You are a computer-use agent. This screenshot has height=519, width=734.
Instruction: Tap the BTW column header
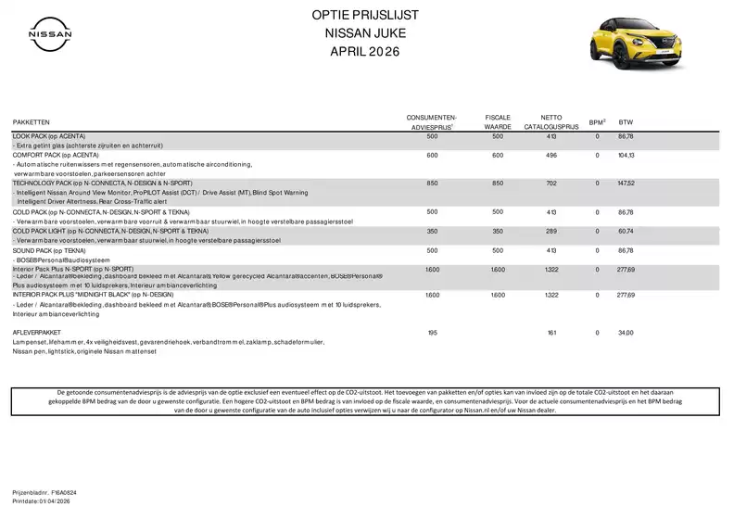[x=626, y=122]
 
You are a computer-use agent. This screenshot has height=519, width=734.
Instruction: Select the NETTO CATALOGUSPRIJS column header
[x=551, y=121]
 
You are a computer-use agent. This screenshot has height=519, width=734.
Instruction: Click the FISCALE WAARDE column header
[x=498, y=121]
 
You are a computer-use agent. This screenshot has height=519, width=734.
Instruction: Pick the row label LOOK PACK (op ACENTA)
[x=47, y=136]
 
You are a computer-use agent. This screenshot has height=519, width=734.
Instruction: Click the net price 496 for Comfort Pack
[x=551, y=156]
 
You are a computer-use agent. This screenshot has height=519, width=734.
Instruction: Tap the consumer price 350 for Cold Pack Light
[x=432, y=230]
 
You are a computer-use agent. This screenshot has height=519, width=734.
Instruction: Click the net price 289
[x=551, y=230]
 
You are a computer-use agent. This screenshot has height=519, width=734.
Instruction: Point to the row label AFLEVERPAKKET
[x=37, y=332]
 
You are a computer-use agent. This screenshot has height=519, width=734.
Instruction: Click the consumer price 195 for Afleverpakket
[x=432, y=332]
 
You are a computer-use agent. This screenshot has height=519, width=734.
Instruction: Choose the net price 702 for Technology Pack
[x=551, y=184]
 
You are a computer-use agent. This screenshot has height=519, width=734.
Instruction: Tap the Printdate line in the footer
[x=41, y=500]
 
